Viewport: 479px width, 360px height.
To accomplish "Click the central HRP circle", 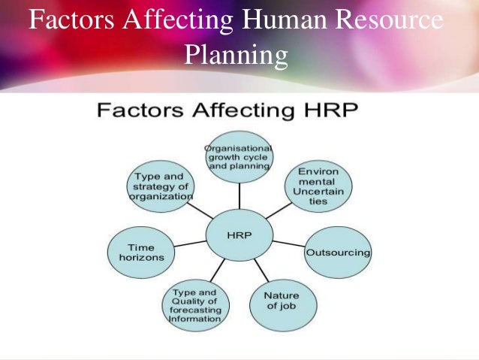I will [239, 236].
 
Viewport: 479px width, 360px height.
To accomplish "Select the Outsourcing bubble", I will [337, 253].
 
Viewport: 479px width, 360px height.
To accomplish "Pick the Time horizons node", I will [141, 252].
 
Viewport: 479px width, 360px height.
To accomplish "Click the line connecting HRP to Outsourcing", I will [289, 244].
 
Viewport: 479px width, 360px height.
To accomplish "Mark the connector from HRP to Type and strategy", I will [202, 210].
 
